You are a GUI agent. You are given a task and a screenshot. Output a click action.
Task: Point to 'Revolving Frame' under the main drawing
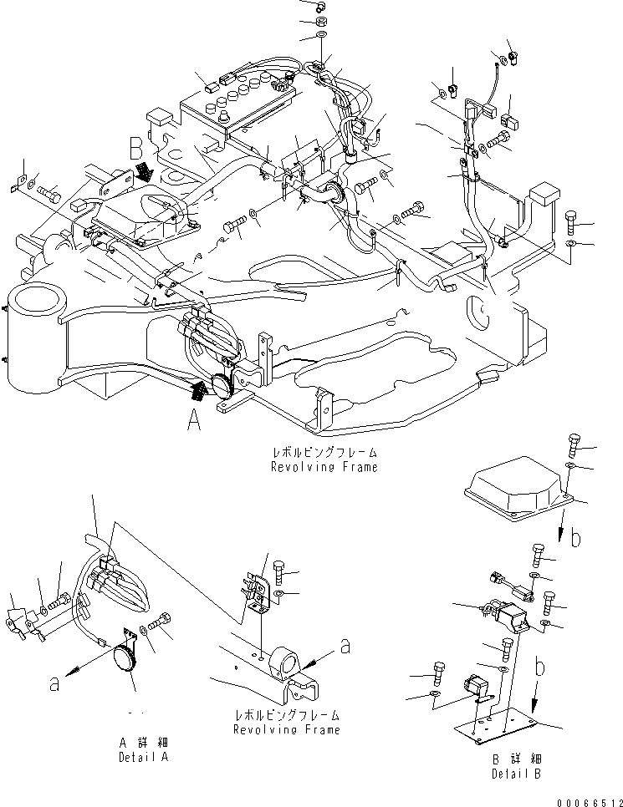[x=324, y=466]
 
